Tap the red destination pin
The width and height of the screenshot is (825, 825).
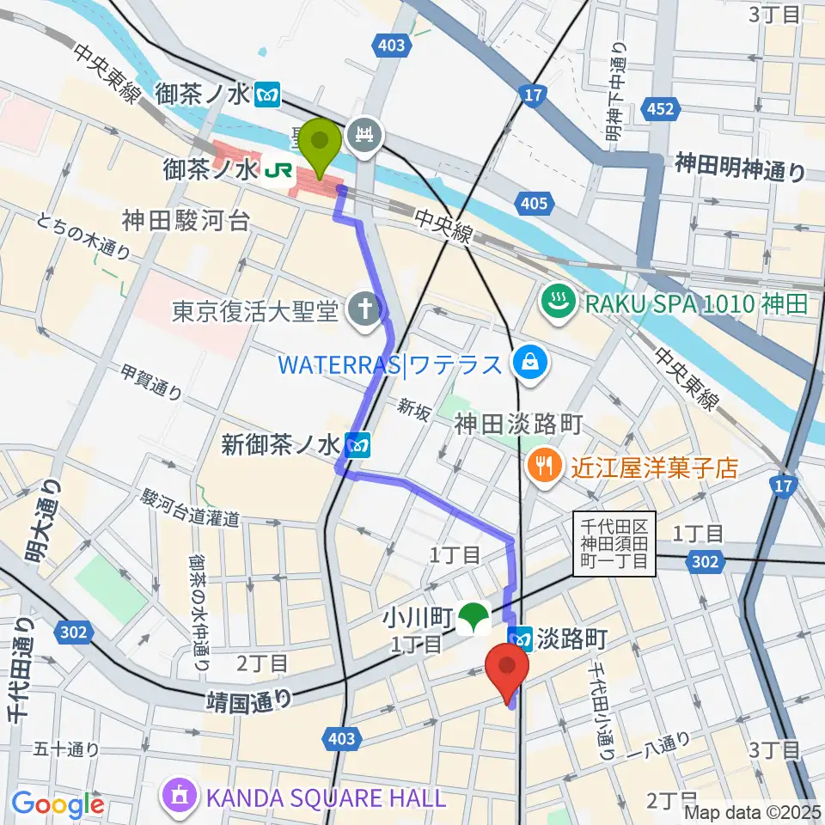(x=507, y=669)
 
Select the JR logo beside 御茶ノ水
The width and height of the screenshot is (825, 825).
(x=277, y=172)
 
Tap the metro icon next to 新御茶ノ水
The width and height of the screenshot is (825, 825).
(x=358, y=445)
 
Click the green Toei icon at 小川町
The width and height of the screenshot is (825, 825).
(x=472, y=616)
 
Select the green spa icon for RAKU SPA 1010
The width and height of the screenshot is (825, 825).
(x=557, y=302)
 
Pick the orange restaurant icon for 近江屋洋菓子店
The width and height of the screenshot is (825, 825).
(x=543, y=467)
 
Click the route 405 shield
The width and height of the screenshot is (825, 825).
(x=531, y=204)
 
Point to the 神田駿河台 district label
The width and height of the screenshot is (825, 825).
(x=186, y=221)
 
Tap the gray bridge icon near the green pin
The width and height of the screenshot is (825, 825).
(x=364, y=135)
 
